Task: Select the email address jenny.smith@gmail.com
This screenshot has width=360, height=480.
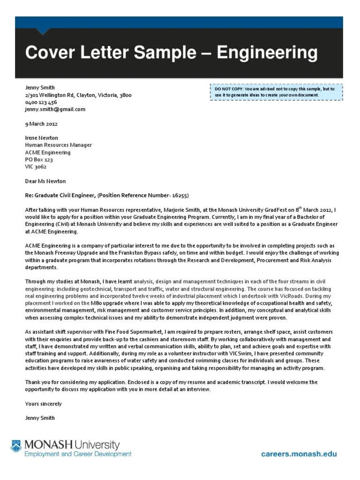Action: point(55,109)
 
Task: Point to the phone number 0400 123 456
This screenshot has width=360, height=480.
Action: point(41,102)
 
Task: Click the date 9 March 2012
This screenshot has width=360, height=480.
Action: point(41,124)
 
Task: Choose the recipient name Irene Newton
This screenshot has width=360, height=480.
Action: point(41,138)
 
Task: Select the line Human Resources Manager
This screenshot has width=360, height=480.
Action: point(58,145)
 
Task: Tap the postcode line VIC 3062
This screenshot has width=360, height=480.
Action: point(36,166)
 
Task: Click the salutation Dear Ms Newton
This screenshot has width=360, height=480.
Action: point(45,181)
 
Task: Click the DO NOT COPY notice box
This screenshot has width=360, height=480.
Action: point(276,92)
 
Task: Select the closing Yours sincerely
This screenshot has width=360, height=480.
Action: point(43,404)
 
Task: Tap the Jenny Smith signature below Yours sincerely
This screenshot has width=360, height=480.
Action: point(40,418)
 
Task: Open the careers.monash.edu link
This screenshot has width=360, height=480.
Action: point(299,454)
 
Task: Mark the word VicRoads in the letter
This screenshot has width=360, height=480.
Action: point(307,296)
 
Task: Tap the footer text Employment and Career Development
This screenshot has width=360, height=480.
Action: point(78,454)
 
